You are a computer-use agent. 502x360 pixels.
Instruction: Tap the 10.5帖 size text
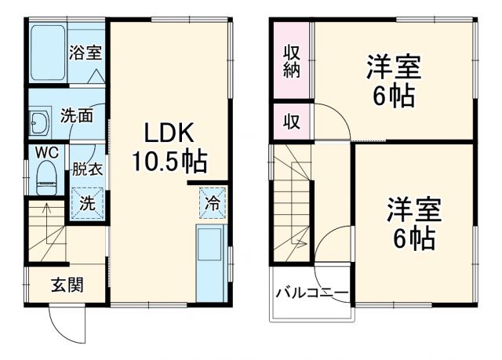pyautogui.click(x=169, y=162)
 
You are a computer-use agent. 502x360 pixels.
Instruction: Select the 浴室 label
pyautogui.click(x=85, y=53)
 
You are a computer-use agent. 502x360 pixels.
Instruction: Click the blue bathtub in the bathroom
pyautogui.click(x=47, y=53)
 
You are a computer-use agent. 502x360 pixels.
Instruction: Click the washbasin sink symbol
pyautogui.click(x=39, y=124)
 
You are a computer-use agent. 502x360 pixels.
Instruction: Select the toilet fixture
pyautogui.click(x=46, y=177)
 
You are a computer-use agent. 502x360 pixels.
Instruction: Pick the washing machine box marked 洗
pyautogui.click(x=87, y=202)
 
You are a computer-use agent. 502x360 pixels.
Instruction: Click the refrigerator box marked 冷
pyautogui.click(x=213, y=202)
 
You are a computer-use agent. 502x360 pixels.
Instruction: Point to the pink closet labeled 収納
pyautogui.click(x=291, y=60)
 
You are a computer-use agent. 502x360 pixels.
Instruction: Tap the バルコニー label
pyautogui.click(x=311, y=294)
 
